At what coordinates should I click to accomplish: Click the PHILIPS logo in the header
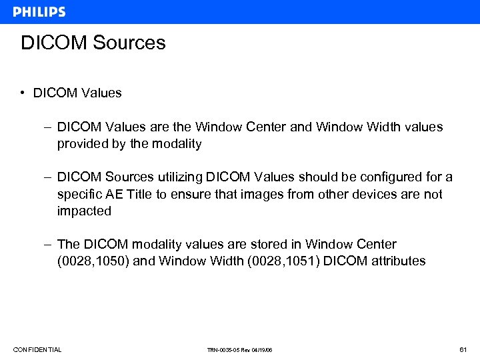[39, 12]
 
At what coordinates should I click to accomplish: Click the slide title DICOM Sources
[93, 43]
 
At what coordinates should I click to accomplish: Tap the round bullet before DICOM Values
[23, 93]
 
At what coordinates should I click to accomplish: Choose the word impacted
[84, 211]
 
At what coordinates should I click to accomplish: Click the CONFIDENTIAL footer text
[37, 349]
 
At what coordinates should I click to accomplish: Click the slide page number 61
[463, 349]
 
